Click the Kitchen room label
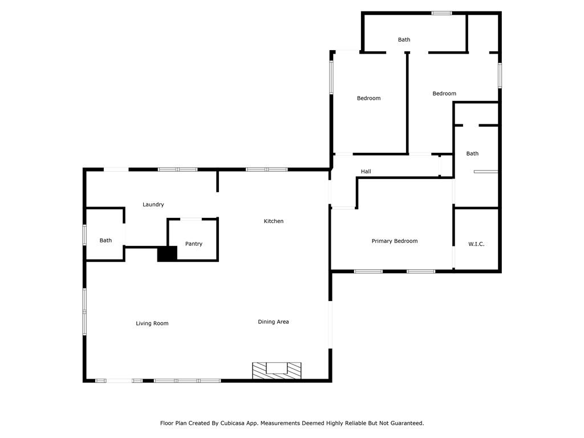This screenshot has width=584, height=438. click(273, 221)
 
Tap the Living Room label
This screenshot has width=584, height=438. click(152, 323)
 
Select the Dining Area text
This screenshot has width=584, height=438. click(273, 322)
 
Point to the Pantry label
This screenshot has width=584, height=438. click(194, 244)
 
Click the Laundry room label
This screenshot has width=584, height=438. click(153, 205)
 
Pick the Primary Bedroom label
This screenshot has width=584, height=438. click(395, 241)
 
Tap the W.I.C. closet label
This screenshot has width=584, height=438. click(476, 244)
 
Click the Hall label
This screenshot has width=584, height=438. click(366, 171)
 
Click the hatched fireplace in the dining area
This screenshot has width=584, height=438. click(277, 371)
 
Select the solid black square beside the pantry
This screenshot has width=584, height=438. click(167, 254)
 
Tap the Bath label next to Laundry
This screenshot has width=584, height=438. click(106, 240)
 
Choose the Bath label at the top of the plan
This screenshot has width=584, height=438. click(404, 39)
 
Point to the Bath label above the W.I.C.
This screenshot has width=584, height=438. click(472, 153)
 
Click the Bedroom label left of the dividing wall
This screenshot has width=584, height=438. click(369, 98)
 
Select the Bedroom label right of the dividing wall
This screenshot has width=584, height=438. click(444, 94)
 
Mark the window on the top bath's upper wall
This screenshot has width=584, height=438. click(442, 14)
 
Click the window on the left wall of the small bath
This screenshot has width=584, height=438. click(84, 235)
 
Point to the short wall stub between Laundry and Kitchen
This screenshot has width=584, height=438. click(217, 181)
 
